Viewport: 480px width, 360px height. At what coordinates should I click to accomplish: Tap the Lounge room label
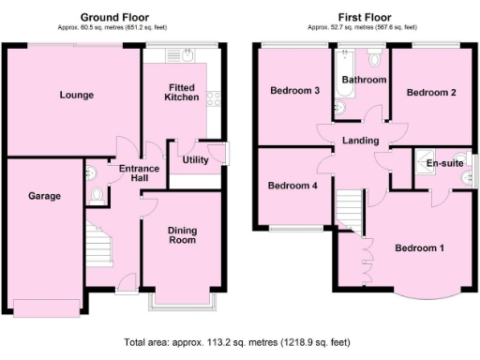[x=76, y=95]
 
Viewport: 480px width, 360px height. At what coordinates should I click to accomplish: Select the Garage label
[x=44, y=196]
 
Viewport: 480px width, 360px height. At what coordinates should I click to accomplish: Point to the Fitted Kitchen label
[x=182, y=92]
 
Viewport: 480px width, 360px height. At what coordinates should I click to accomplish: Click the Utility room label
[x=195, y=160]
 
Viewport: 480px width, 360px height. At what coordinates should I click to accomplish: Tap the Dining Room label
[x=182, y=235]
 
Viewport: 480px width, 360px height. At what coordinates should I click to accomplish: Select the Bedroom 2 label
[x=431, y=93]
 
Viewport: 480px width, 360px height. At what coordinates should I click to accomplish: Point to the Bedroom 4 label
[x=292, y=186]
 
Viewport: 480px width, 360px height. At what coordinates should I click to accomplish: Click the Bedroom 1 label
[x=418, y=248]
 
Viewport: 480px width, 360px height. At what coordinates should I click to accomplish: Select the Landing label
[x=361, y=142]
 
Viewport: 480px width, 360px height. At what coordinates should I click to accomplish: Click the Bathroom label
[x=364, y=81]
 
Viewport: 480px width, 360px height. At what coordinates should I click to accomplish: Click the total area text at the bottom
[x=240, y=343]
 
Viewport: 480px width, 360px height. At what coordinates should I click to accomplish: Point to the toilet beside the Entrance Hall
[x=97, y=195]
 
